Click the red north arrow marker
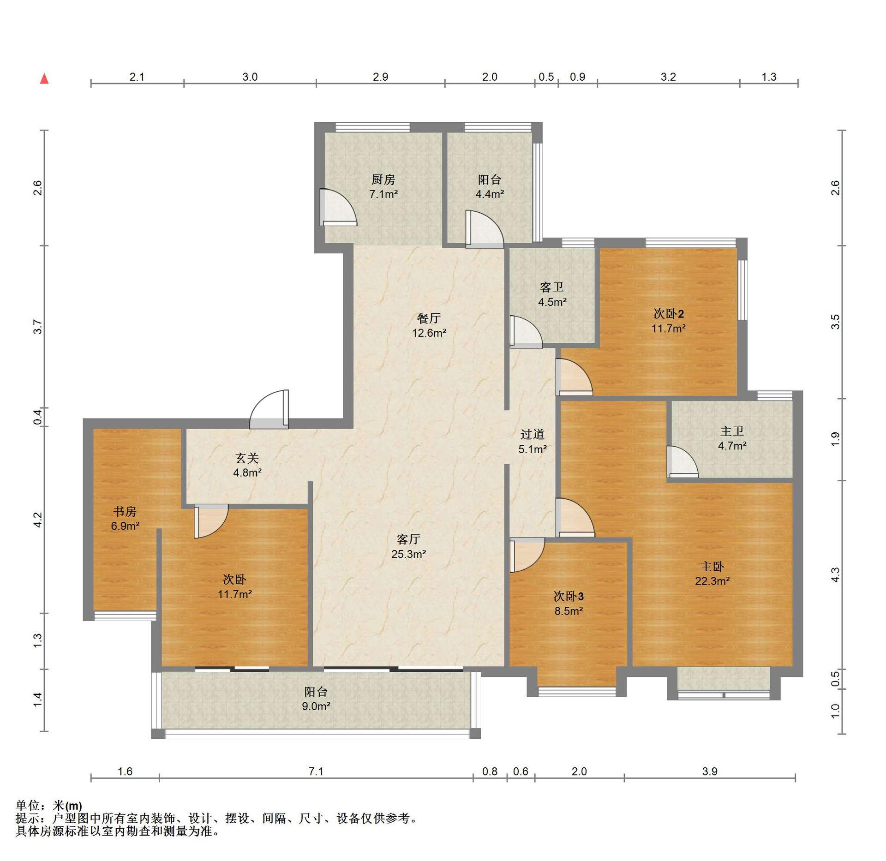pyautogui.click(x=44, y=79)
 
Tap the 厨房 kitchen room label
pyautogui.click(x=383, y=179)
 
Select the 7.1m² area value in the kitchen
pyautogui.click(x=383, y=194)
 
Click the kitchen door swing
pyautogui.click(x=338, y=207)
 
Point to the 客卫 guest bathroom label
pyautogui.click(x=552, y=287)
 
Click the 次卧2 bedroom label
pyautogui.click(x=669, y=314)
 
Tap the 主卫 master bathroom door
pyautogui.click(x=682, y=462)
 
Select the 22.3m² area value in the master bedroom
pyautogui.click(x=712, y=581)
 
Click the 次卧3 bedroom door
pyautogui.click(x=527, y=555)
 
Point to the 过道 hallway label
pyautogui.click(x=533, y=434)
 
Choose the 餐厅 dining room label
pyautogui.click(x=429, y=318)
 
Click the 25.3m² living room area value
pyautogui.click(x=408, y=554)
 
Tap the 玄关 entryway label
pyautogui.click(x=247, y=458)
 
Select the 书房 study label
pyautogui.click(x=125, y=511)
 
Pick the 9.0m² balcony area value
pyautogui.click(x=316, y=706)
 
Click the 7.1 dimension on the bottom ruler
pyautogui.click(x=316, y=771)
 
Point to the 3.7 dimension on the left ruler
pyautogui.click(x=38, y=327)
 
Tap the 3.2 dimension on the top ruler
pyautogui.click(x=668, y=77)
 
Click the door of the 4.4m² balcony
pyautogui.click(x=485, y=229)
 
